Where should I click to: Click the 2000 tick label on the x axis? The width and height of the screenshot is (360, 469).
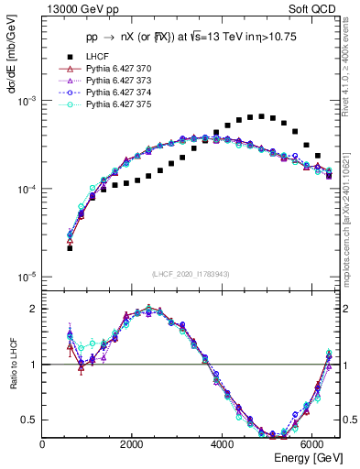pos(133,444)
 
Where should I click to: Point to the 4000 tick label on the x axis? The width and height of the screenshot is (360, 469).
pos(224,444)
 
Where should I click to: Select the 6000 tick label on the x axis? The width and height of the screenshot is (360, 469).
pos(313,444)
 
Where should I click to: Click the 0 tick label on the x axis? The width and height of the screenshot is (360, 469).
pos(43,444)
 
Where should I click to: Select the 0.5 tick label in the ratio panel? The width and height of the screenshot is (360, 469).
pos(29,420)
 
